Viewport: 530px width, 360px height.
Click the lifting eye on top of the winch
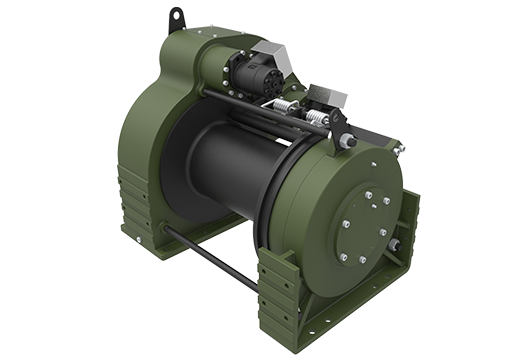pos(177,17)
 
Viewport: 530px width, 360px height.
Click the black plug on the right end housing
pos(393,245)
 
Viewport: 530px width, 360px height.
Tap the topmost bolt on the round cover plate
pos(368,196)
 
